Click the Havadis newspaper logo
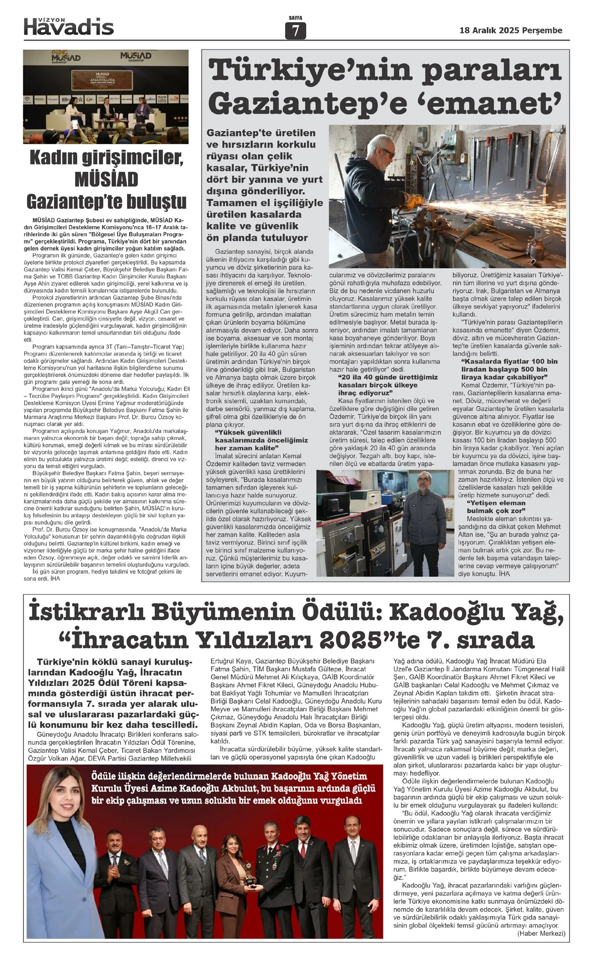pyautogui.click(x=69, y=26)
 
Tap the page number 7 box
pyautogui.click(x=296, y=31)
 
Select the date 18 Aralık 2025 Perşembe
pyautogui.click(x=510, y=31)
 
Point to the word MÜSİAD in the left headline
pyautogui.click(x=106, y=179)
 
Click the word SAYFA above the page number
pyautogui.click(x=296, y=18)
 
